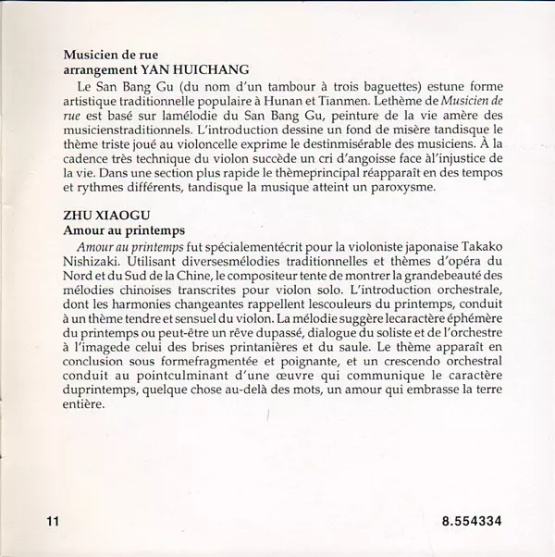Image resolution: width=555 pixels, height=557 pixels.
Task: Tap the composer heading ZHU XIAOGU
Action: tap(106, 214)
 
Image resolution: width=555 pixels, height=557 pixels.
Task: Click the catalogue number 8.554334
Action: tap(466, 522)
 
